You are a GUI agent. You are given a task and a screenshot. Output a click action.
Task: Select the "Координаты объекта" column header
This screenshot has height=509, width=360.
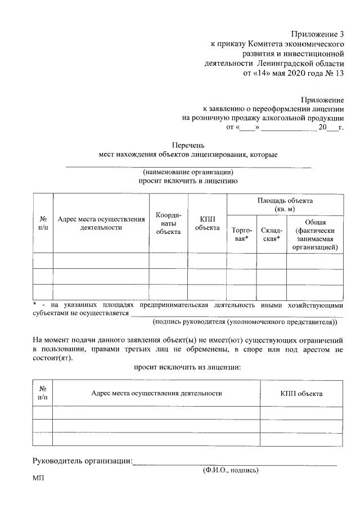(x=168, y=223)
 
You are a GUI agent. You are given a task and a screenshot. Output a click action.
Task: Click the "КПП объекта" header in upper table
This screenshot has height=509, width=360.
(x=207, y=223)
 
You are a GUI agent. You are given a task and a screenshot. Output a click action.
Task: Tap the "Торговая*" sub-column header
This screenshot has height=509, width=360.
(x=242, y=235)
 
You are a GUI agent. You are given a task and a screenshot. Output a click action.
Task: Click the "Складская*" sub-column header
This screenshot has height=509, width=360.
(x=272, y=235)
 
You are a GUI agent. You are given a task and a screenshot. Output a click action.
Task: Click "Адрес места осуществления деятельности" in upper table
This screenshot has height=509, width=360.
(x=101, y=223)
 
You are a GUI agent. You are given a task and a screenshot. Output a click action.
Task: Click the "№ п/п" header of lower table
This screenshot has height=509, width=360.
(x=43, y=393)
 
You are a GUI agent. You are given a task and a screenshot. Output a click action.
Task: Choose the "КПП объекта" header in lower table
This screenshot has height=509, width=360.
(x=301, y=393)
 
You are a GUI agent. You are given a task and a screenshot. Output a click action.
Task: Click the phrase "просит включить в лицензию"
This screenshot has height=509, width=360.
(x=188, y=181)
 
